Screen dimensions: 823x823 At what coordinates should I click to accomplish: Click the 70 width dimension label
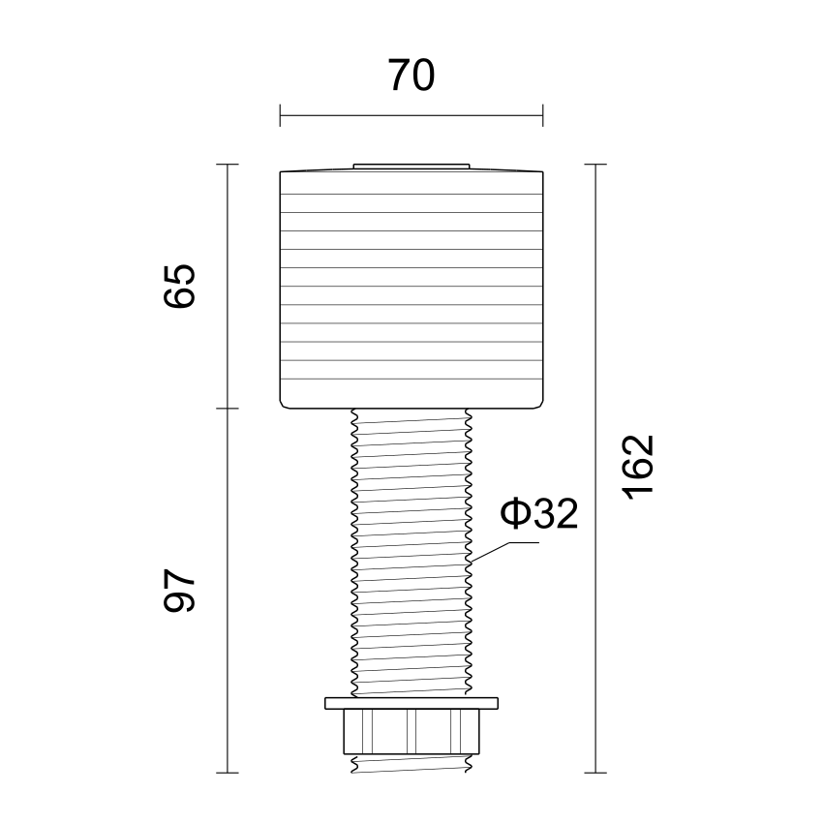(411, 76)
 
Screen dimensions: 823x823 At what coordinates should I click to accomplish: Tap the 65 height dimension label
(179, 286)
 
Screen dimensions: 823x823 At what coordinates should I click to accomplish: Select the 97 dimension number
(179, 590)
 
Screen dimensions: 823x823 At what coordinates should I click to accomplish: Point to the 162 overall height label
(638, 467)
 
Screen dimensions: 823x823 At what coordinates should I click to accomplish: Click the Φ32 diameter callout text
(538, 514)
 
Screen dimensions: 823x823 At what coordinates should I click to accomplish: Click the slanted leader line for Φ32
(490, 552)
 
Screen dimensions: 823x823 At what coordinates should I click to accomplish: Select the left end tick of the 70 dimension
(280, 115)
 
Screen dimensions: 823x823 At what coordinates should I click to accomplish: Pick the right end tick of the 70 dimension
(543, 115)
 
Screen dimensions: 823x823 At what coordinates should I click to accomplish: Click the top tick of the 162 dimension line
(595, 165)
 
